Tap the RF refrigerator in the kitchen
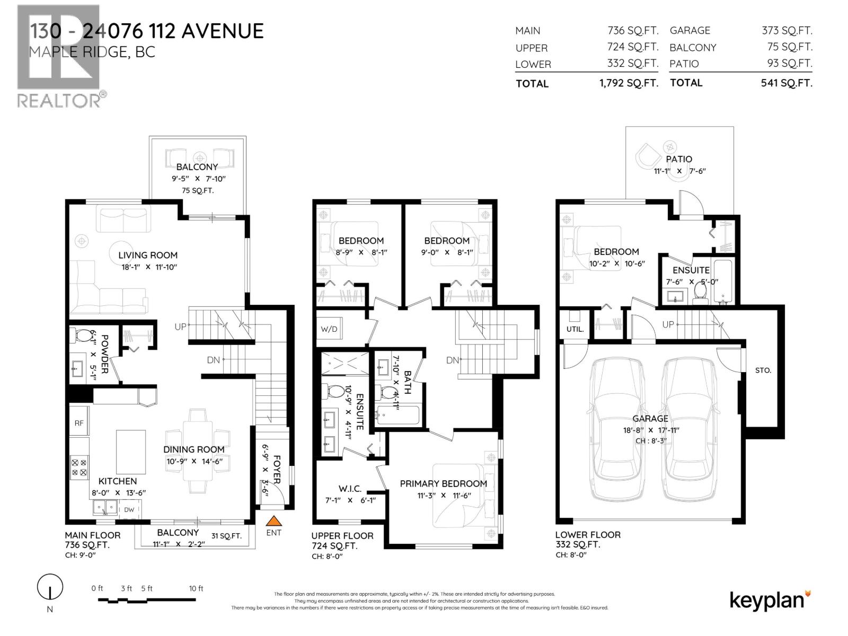(x=79, y=422)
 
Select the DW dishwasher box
(x=129, y=509)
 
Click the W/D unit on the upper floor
(x=329, y=329)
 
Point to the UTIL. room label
(x=575, y=329)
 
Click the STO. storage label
(x=763, y=370)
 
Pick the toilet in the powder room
(x=83, y=335)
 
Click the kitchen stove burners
(x=79, y=467)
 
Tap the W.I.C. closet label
(x=350, y=489)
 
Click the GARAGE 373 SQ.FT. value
(x=787, y=31)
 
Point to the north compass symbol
(x=50, y=587)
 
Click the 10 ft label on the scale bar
(x=196, y=588)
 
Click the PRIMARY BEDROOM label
(x=443, y=483)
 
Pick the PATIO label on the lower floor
(x=679, y=159)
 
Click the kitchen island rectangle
(x=131, y=452)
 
